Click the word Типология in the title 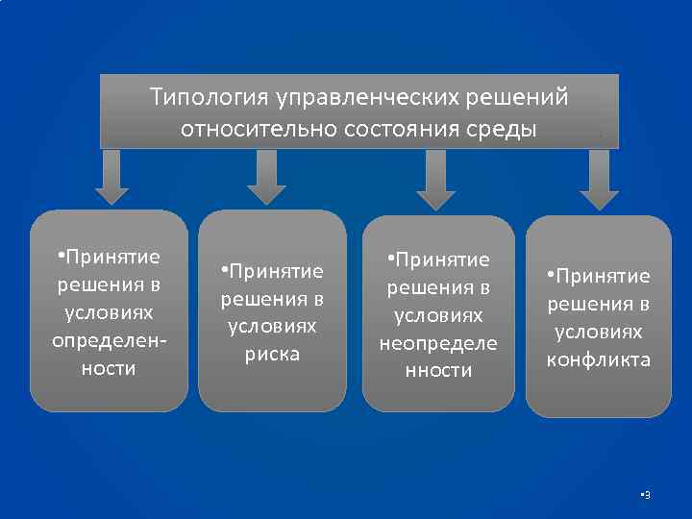pyautogui.click(x=209, y=98)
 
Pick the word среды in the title pyautogui.click(x=505, y=130)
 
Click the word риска pyautogui.click(x=273, y=354)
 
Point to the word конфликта pyautogui.click(x=599, y=360)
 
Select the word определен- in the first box pyautogui.click(x=109, y=341)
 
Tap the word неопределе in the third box pyautogui.click(x=437, y=342)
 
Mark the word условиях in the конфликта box pyautogui.click(x=599, y=333)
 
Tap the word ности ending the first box pyautogui.click(x=109, y=369)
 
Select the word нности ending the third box pyautogui.click(x=437, y=370)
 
